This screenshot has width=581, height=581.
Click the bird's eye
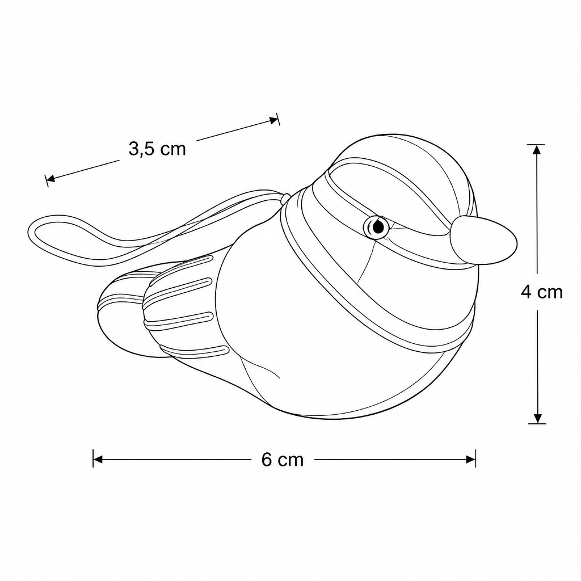point(376,226)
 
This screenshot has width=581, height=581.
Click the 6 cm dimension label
point(283,460)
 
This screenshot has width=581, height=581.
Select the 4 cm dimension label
point(542,292)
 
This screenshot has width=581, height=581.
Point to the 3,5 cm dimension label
point(157,149)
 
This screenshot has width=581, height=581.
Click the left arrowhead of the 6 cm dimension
point(97,460)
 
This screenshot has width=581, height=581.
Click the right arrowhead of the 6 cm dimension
point(470,460)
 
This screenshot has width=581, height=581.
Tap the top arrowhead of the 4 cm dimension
point(537,149)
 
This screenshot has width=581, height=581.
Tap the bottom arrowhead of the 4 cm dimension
point(537,418)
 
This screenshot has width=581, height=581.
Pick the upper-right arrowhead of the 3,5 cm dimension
point(273,120)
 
